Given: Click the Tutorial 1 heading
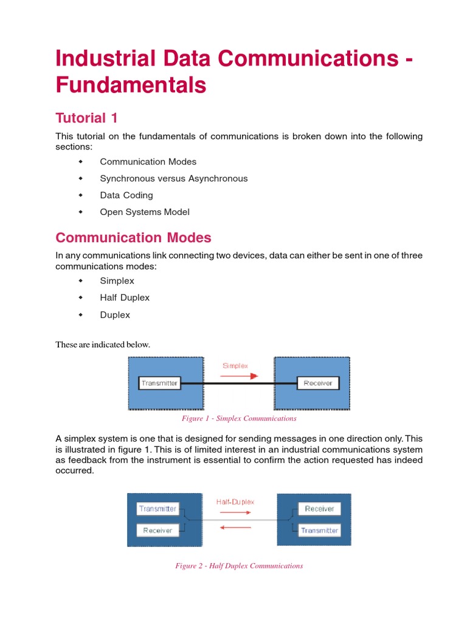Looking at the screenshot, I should click(86, 117).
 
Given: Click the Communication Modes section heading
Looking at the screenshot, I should click(133, 237).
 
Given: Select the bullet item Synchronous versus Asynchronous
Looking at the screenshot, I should click(173, 179).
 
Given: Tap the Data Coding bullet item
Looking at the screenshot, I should click(126, 195).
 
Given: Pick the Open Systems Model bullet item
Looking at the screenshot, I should click(145, 212).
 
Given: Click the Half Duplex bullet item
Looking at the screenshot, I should click(124, 298).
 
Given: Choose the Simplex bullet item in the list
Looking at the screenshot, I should click(117, 281).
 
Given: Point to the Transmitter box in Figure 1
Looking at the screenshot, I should click(159, 383).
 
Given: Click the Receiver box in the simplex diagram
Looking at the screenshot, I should click(317, 383).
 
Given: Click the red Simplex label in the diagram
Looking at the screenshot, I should click(235, 366).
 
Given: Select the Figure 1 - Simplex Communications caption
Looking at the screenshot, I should click(239, 419).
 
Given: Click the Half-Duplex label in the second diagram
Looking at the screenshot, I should click(235, 502).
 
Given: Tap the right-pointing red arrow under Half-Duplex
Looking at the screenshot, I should click(235, 513).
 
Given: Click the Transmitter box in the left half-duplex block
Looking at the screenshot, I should click(157, 508).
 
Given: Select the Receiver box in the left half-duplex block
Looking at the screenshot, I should click(157, 530).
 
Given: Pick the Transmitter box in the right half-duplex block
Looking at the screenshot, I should click(319, 530).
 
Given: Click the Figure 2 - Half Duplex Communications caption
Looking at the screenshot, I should click(239, 566).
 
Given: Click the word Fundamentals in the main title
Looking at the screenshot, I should click(131, 85).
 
